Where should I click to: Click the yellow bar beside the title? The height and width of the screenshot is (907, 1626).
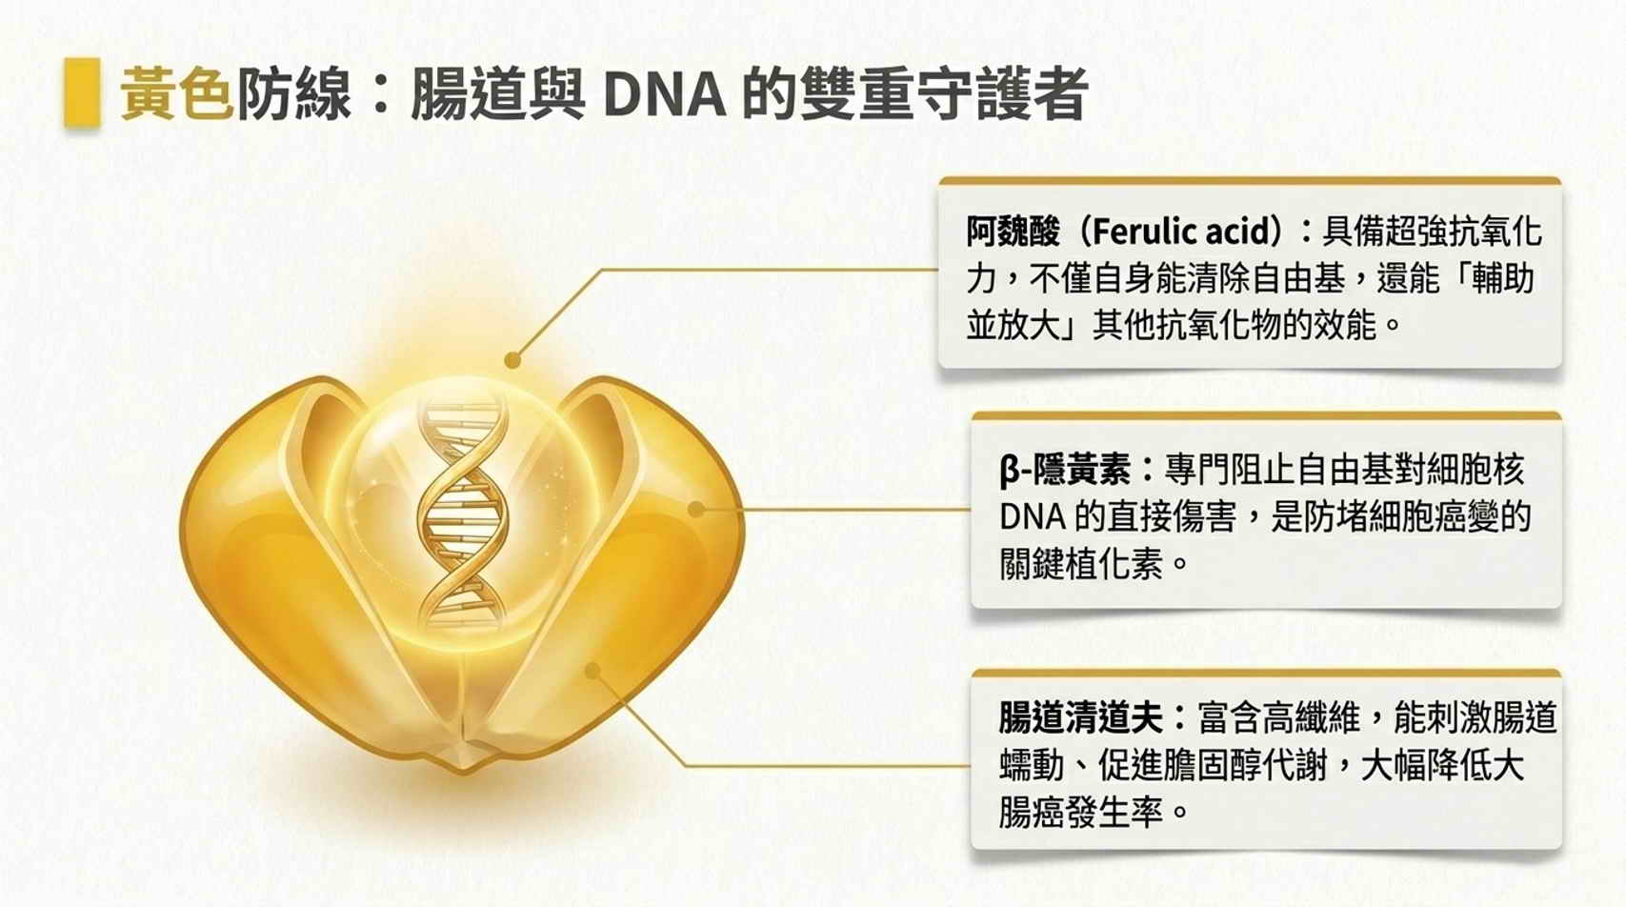82,93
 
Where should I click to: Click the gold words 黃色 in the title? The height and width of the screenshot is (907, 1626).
177,93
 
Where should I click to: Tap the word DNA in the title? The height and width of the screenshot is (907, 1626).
664,94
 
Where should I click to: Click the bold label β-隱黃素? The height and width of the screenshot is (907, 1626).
1064,470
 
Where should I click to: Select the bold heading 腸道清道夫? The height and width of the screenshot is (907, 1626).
1080,717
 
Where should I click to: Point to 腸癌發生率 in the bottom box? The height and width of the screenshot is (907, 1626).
1080,812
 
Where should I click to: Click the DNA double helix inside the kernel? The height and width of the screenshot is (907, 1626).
462,512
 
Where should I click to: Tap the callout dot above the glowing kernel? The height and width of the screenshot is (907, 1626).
512,359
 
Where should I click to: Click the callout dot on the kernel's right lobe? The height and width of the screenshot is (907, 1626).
696,509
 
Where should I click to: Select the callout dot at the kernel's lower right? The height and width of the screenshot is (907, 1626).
592,671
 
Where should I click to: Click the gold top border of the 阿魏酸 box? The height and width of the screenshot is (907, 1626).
1249,181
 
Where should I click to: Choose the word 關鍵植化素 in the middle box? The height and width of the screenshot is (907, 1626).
1080,564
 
